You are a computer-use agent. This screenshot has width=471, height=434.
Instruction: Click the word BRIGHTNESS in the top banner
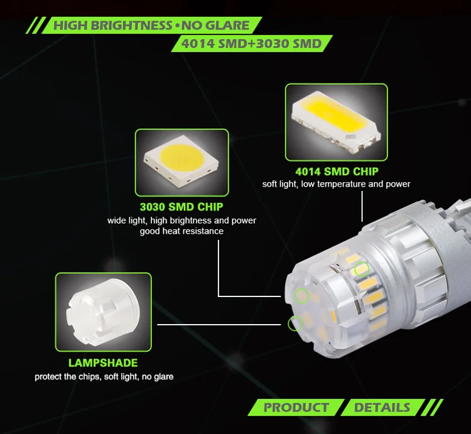click(131, 25)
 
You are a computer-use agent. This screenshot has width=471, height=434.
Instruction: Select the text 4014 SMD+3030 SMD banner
click(251, 43)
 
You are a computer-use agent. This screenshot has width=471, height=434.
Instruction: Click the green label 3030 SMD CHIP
click(181, 207)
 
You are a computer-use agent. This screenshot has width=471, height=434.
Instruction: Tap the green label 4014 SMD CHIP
click(337, 171)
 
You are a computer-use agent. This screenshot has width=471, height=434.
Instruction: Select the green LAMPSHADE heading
click(103, 363)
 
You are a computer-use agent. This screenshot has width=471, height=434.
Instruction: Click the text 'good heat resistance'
click(181, 231)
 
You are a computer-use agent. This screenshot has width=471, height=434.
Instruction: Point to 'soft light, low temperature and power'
click(336, 184)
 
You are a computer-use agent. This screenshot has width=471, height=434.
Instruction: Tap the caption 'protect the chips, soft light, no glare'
click(104, 377)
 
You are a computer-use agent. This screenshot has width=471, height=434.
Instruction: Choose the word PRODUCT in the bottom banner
click(296, 408)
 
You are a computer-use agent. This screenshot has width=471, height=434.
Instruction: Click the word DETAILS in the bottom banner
click(382, 408)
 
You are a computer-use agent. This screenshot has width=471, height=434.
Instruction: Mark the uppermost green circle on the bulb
click(362, 269)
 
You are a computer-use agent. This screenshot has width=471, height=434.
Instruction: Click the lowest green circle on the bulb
click(295, 323)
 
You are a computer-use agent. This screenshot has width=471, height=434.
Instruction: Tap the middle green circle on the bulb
click(301, 296)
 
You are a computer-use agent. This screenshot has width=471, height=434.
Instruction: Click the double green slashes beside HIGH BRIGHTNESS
click(36, 25)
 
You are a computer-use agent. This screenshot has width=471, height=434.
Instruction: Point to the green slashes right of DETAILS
click(432, 408)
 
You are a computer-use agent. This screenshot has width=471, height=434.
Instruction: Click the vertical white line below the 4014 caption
click(362, 207)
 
